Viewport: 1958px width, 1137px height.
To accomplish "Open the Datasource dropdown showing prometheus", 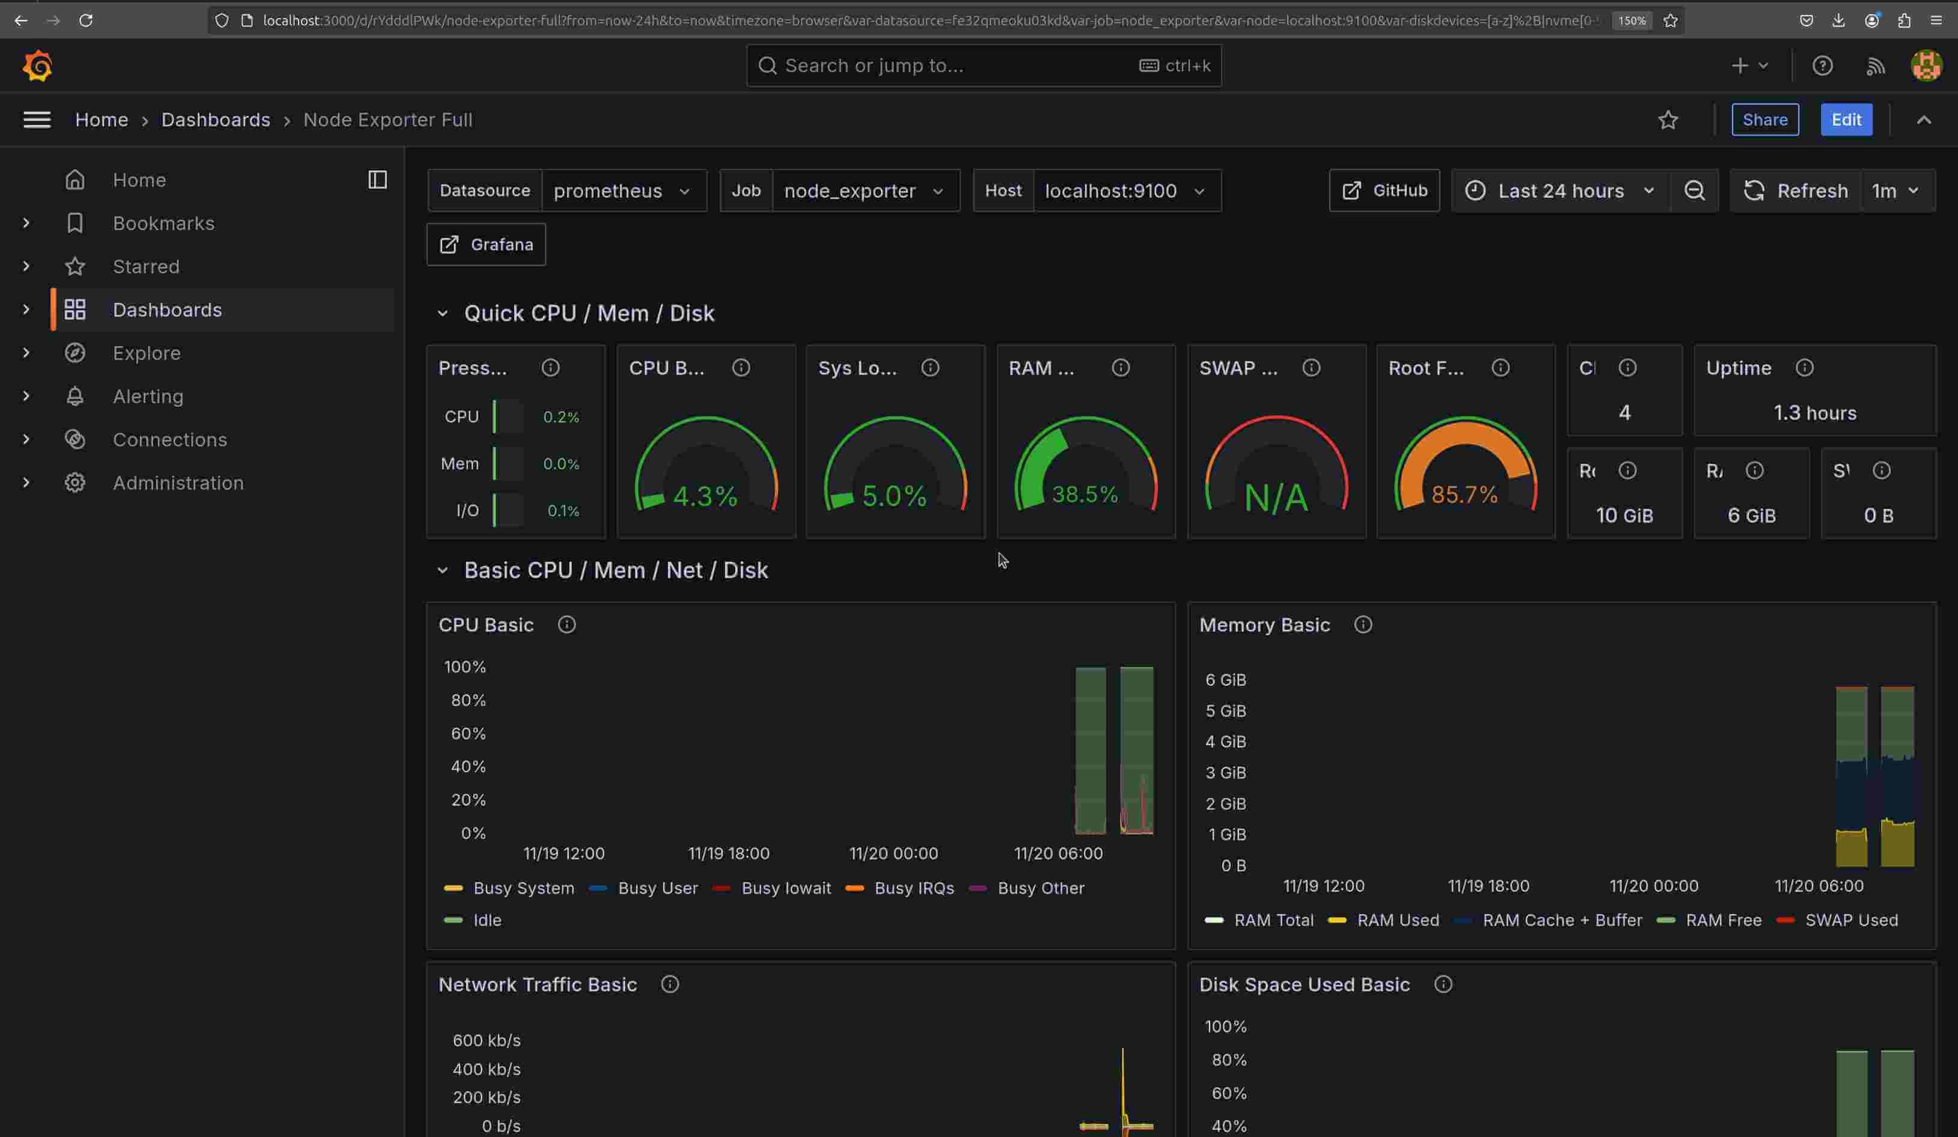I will pos(621,191).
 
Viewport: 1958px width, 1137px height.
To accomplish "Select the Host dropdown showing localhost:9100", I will pos(1124,191).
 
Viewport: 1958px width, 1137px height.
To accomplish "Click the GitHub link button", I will pos(1384,191).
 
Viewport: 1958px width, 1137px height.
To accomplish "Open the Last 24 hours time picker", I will pos(1560,191).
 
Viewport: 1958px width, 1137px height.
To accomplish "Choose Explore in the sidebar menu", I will pos(146,353).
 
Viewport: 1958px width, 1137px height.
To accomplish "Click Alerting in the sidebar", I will pos(148,397).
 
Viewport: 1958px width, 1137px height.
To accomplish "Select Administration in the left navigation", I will pos(178,483).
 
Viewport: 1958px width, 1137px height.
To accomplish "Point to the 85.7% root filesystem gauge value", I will pos(1464,494).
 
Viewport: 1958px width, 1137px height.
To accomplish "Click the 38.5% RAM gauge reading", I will pos(1085,494).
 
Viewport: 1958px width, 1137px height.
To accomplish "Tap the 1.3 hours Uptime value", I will pos(1814,413).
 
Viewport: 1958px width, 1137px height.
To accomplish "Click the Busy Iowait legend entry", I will pos(786,888).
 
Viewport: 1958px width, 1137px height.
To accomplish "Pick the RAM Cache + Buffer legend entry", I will pos(1562,920).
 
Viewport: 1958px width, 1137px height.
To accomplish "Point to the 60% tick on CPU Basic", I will pos(468,734).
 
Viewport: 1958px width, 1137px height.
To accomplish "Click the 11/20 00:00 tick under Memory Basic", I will pos(1653,886).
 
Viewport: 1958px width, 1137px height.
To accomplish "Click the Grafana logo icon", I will pos(37,66).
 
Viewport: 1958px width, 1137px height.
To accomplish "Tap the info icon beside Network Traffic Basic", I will pos(669,985).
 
